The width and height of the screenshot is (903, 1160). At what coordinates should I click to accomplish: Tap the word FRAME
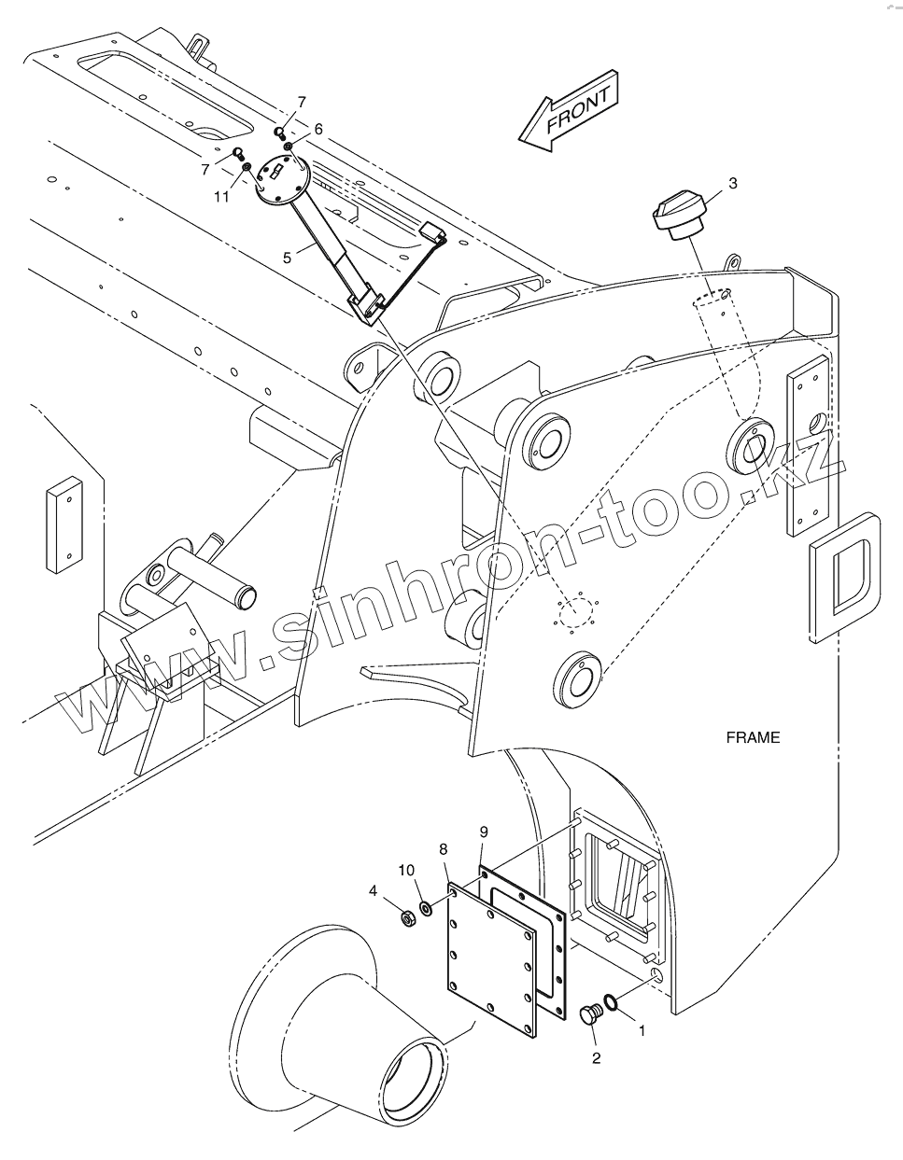pos(753,737)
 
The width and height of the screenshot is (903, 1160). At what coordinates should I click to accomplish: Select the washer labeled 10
pos(426,907)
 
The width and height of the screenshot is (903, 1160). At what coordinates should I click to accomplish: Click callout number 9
pos(483,831)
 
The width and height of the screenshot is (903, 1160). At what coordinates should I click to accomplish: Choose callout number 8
pos(444,848)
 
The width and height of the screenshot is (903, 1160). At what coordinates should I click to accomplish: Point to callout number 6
pos(317,130)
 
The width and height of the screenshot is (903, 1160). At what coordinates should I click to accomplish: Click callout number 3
pos(732,184)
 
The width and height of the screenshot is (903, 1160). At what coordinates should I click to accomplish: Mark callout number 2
pos(596,1057)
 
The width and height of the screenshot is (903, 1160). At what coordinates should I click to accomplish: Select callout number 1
pos(642,1031)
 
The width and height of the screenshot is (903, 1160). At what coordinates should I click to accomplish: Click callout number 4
pos(373,891)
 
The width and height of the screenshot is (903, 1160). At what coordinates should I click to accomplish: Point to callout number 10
pos(406,871)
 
